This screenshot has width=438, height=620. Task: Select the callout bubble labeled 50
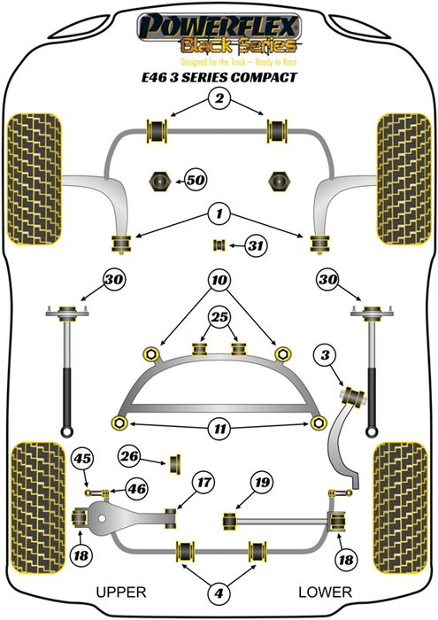tap(196, 181)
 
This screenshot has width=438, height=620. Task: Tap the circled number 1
tap(215, 213)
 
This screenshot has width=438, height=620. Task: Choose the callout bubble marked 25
tap(218, 316)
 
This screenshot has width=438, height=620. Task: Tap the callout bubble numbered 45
tap(82, 458)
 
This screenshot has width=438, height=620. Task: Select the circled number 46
tap(135, 488)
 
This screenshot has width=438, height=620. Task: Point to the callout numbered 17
tap(204, 483)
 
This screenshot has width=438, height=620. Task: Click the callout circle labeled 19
tap(260, 483)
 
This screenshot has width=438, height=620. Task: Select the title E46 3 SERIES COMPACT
tap(219, 76)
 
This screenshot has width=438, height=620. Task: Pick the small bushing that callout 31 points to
tap(215, 245)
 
